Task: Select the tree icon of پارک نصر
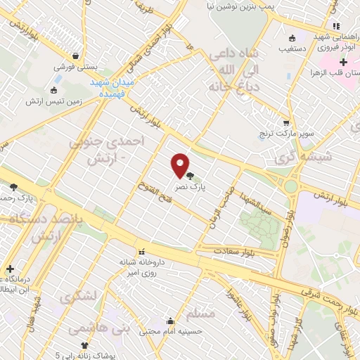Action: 191,176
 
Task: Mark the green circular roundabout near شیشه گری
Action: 290,186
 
